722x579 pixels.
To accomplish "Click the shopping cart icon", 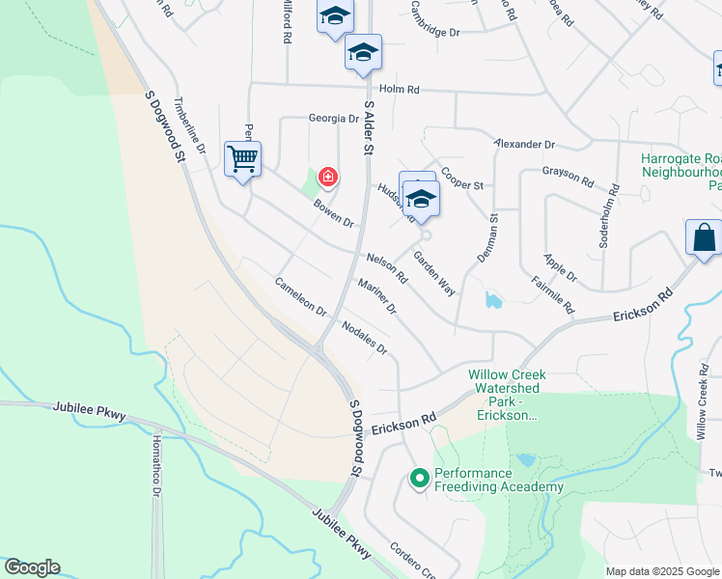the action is (242, 157).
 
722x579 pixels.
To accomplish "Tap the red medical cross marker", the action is (328, 177).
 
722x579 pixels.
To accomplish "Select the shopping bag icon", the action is (704, 236).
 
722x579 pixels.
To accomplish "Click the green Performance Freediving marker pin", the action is (419, 478).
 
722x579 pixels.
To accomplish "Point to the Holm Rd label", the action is (400, 90).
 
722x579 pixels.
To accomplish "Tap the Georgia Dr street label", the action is (333, 119).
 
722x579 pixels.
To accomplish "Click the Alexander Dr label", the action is (524, 144).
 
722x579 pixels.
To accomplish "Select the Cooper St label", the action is (461, 179).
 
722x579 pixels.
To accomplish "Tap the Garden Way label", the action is (434, 273).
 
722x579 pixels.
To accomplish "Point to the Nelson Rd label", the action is (388, 267).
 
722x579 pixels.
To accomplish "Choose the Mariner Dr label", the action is (376, 296).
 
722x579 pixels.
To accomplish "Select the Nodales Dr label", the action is (364, 338).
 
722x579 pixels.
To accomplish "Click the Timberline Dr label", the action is (189, 125).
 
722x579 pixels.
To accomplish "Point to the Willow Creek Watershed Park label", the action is (508, 395).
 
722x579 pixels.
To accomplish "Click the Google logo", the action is (32, 567).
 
